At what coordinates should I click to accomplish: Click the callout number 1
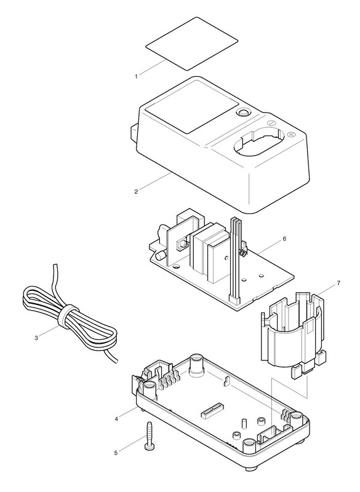(x=136, y=76)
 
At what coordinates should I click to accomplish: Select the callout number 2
(x=136, y=192)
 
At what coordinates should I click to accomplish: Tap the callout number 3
(x=36, y=338)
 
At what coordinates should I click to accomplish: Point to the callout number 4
(x=116, y=419)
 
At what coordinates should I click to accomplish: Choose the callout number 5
(x=116, y=453)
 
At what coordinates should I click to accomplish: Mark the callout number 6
(x=284, y=239)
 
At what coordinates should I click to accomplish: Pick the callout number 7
(x=338, y=283)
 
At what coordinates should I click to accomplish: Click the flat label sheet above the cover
(x=192, y=44)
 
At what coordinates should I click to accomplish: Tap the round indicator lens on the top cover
(x=242, y=113)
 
